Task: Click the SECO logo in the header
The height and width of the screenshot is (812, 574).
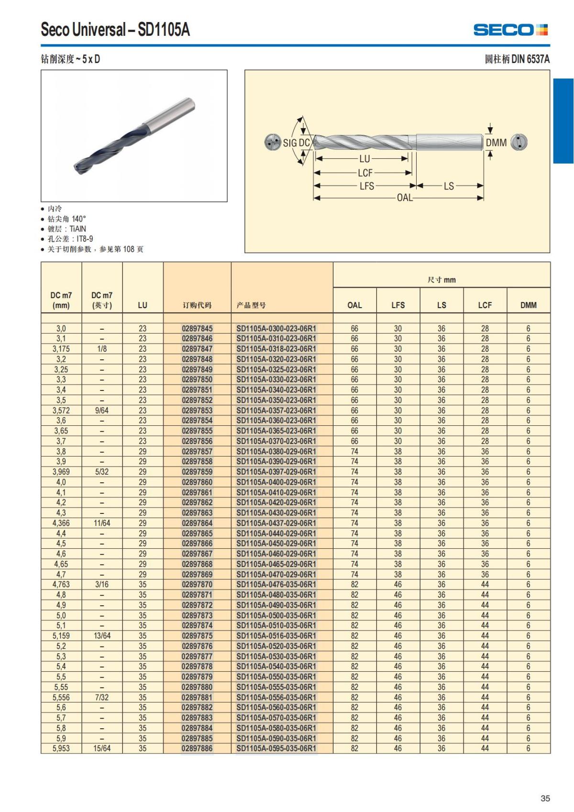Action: pos(510,30)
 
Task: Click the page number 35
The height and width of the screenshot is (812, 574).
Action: pos(545,798)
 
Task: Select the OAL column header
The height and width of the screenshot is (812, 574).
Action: pos(354,305)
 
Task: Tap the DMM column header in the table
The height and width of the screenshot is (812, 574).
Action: pos(529,305)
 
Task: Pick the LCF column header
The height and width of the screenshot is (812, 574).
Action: pos(485,305)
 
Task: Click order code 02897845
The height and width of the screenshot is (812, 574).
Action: pos(197,329)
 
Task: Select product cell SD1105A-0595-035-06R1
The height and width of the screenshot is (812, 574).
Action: pos(276,748)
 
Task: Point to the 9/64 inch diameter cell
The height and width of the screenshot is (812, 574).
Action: pos(102,411)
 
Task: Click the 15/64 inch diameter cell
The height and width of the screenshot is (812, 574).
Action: pos(102,748)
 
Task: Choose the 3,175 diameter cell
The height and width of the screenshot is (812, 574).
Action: pos(61,349)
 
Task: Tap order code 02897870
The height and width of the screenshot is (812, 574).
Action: pos(197,584)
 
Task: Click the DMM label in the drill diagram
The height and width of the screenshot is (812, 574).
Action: pos(496,143)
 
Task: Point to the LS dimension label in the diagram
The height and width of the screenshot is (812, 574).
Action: pos(449,186)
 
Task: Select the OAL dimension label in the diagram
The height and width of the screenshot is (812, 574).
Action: pos(405,198)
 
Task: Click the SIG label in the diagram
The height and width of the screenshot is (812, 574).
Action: pos(290,143)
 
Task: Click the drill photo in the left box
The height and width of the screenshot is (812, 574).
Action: pos(134,136)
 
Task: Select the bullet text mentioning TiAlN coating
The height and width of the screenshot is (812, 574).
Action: pos(66,229)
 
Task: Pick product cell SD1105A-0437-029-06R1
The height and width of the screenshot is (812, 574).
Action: pos(276,523)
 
